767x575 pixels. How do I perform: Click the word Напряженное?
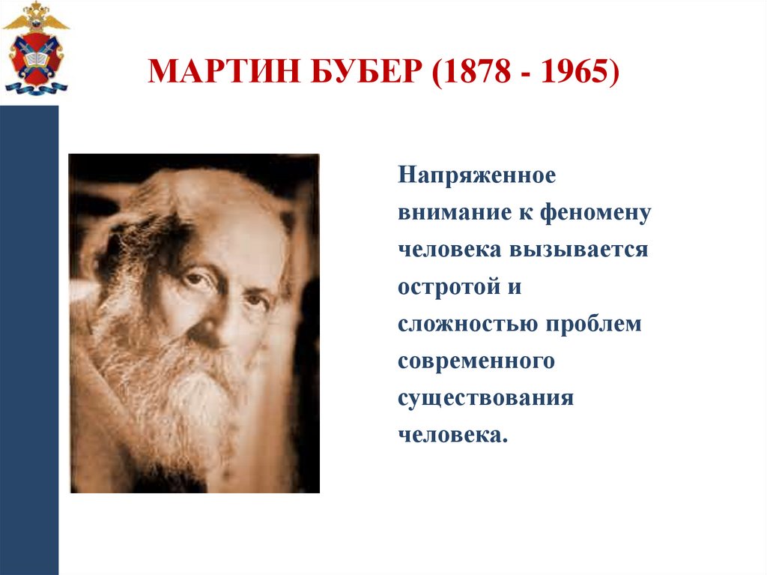click(x=476, y=178)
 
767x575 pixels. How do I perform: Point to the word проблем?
click(x=594, y=324)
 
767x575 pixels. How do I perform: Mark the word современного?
click(x=476, y=361)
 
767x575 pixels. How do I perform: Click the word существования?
click(x=485, y=398)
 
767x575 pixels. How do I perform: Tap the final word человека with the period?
click(x=452, y=435)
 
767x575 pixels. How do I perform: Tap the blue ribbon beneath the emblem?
click(x=36, y=88)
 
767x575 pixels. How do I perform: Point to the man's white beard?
click(x=180, y=390)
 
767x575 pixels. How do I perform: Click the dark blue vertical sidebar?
click(x=29, y=337)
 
